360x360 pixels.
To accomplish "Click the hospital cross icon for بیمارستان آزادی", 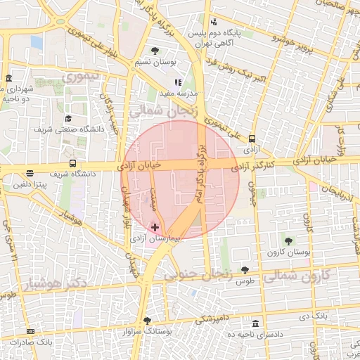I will [x=155, y=227].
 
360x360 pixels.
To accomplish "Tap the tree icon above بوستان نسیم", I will [x=155, y=51].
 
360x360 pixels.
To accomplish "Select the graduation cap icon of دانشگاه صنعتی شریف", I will [x=68, y=118].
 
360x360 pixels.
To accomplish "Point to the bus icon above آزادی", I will [x=252, y=139].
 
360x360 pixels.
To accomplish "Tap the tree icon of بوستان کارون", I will [x=288, y=240].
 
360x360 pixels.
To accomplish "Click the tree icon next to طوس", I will [x=245, y=270].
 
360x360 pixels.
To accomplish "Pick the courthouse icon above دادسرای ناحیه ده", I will [x=255, y=323].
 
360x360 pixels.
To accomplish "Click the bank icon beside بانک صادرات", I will [x=30, y=330].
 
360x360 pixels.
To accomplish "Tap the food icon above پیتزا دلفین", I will [x=30, y=173].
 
